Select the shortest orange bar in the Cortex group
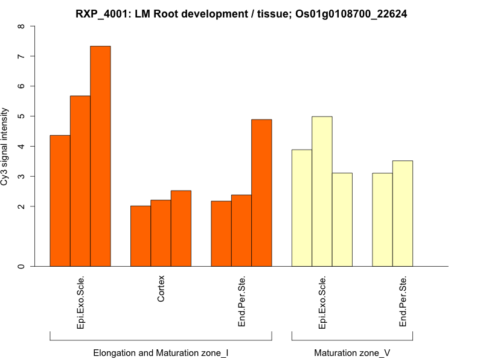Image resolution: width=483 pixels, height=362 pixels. (x=141, y=236)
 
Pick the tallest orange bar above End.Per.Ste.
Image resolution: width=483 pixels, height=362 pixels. (x=261, y=192)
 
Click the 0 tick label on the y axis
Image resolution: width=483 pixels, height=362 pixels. (x=22, y=266)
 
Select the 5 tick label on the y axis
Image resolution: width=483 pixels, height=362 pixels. (x=22, y=116)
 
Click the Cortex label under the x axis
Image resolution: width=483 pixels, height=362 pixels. (x=161, y=290)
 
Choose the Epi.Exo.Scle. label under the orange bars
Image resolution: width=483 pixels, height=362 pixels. (x=81, y=302)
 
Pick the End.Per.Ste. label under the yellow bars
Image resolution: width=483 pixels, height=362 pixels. (x=403, y=302)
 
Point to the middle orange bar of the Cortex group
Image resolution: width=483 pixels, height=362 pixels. (x=161, y=233)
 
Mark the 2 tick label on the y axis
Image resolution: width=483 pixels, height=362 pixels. (x=22, y=206)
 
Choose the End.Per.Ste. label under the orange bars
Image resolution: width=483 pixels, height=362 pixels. (x=241, y=302)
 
